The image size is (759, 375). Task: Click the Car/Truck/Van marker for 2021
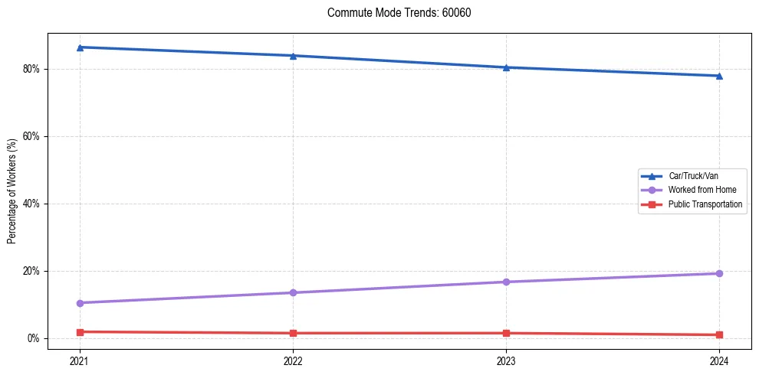point(80,47)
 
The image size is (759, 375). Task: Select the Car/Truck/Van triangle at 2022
point(293,56)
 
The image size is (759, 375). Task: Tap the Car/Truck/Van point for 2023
point(506,67)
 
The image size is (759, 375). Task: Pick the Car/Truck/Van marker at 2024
point(719,76)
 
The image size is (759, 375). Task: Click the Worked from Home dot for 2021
point(80,303)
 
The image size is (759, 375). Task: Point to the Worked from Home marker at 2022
point(293,292)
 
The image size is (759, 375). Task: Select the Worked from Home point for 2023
point(506,282)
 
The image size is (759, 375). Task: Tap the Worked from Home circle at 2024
point(719,273)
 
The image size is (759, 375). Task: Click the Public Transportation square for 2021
point(80,332)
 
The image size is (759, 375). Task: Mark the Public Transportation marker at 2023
point(506,333)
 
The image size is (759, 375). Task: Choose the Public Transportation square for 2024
point(719,334)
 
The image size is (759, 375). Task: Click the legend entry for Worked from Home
point(692,190)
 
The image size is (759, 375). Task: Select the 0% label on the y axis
point(33,338)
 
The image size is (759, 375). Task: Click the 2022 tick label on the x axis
point(293,360)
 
